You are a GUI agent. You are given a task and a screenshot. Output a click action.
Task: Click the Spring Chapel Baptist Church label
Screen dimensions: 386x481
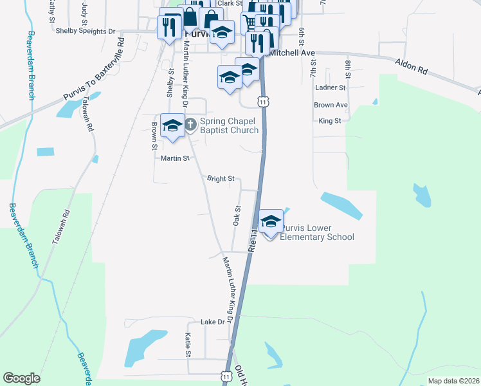229,125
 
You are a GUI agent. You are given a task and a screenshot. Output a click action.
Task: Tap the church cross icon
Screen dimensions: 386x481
190,122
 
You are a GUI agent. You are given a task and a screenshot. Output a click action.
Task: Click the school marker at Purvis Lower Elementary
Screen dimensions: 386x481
271,221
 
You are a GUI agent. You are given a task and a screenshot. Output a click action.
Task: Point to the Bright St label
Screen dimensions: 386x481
220,179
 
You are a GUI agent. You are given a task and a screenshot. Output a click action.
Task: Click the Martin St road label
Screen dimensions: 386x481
174,158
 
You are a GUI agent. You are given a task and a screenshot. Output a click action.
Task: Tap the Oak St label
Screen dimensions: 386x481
237,216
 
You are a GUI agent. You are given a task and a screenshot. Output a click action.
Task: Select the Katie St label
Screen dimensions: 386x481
188,345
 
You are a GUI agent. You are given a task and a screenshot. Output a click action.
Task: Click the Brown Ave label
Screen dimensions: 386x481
331,105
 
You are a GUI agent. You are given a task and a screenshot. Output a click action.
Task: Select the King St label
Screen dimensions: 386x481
329,120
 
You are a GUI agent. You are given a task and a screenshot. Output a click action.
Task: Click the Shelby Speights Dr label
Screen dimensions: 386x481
85,30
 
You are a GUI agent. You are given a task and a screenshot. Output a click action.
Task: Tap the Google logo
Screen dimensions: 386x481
21,378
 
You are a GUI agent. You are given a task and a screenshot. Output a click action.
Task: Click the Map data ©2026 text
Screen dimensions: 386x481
453,381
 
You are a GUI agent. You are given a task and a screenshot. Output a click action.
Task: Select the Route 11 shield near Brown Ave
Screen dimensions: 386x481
263,102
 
